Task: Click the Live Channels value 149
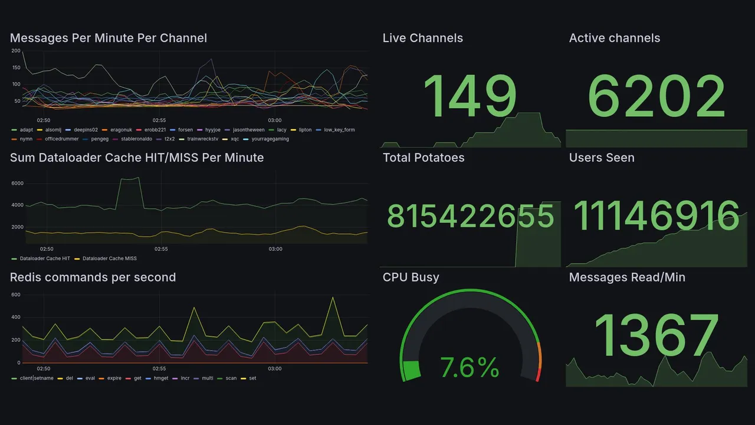(470, 96)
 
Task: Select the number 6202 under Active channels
(656, 96)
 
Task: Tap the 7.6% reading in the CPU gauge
(470, 368)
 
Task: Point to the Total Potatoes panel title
(423, 158)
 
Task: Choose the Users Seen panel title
(601, 158)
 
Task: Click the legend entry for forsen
(185, 130)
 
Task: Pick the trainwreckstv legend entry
(203, 139)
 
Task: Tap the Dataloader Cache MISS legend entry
(109, 259)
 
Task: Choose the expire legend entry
(114, 378)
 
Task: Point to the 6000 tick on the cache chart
(17, 184)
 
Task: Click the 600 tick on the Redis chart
(17, 295)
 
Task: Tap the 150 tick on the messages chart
(16, 67)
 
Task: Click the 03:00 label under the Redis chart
(275, 369)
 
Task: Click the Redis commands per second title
(93, 277)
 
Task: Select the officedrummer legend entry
(61, 139)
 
